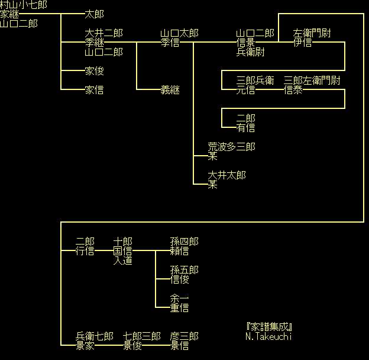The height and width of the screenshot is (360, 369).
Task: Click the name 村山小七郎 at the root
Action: point(24,5)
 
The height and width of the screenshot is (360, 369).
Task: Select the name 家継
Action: point(9,14)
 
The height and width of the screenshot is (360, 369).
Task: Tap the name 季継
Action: point(95,43)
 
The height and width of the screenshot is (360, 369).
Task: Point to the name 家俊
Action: point(95,71)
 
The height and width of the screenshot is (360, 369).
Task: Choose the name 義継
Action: point(170,90)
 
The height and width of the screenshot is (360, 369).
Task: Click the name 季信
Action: point(170,43)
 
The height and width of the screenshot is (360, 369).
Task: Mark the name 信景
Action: point(246,43)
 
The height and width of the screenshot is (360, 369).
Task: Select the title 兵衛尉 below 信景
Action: point(251,52)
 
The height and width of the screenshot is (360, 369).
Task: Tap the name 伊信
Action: point(303,43)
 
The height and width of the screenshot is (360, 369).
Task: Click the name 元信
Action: point(246,90)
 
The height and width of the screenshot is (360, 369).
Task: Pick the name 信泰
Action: point(293,90)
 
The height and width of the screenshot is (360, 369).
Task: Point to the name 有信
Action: point(246,128)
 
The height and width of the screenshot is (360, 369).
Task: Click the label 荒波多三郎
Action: point(232,147)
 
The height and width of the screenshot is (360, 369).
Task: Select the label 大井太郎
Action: point(227,175)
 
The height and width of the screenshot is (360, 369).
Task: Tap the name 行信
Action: point(85,251)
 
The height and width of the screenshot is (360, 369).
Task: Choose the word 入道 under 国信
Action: point(123,261)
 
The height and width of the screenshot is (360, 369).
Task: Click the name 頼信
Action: point(180,251)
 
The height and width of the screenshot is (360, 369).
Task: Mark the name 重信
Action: point(180,308)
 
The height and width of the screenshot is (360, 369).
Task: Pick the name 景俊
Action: point(132,346)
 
